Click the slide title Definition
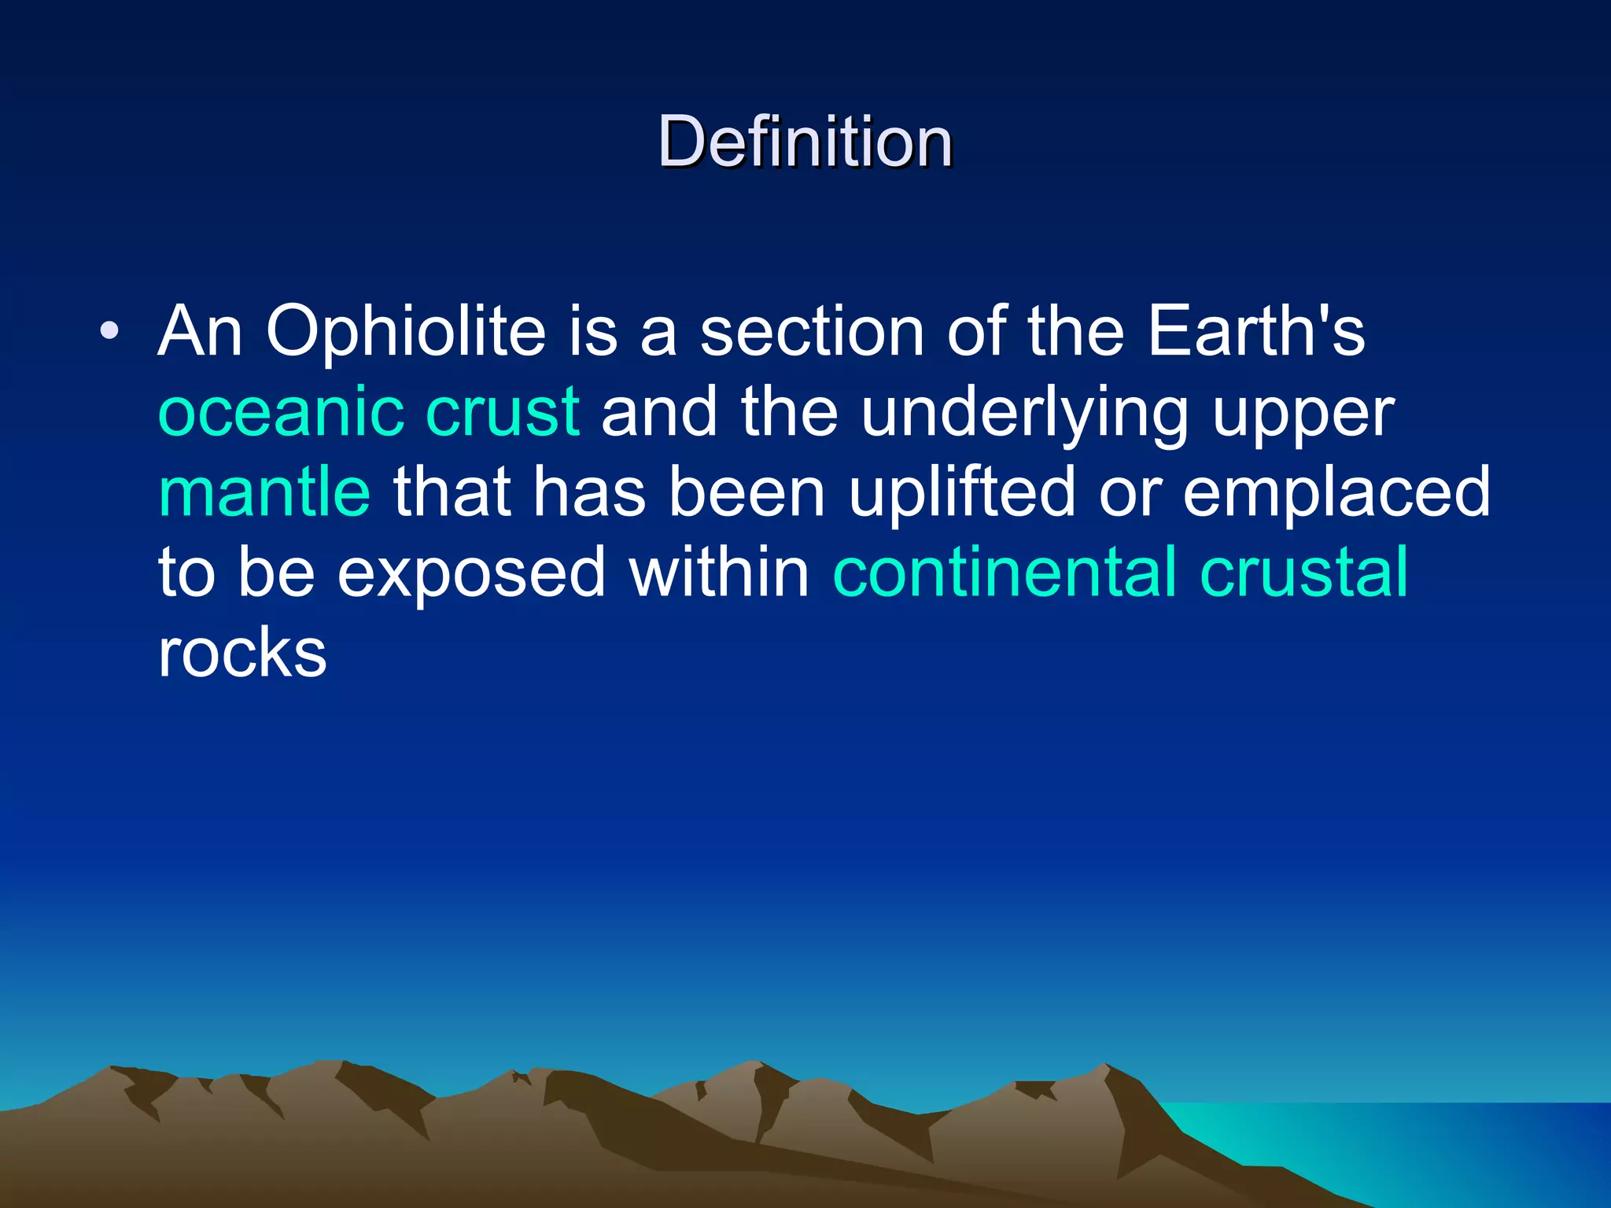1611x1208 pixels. pos(805,142)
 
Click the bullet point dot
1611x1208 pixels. pos(109,331)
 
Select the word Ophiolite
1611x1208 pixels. pos(406,331)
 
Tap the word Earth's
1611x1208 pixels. pos(1256,331)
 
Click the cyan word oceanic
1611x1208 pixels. pos(282,412)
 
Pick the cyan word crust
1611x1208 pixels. pos(503,412)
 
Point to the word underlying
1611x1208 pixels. pos(1025,414)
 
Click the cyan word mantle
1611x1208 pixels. pos(264,492)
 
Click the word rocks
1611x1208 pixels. pos(242,654)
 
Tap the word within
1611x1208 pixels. pos(719,573)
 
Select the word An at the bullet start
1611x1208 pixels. pos(200,331)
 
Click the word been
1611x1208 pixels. pos(747,492)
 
